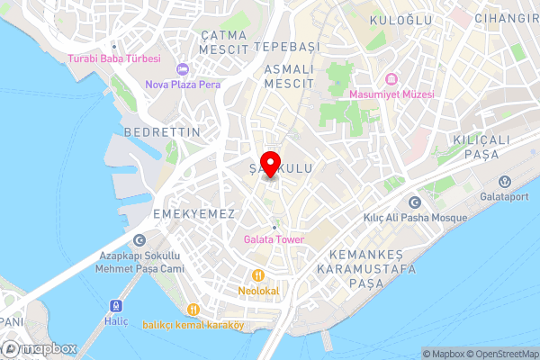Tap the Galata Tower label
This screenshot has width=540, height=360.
274,238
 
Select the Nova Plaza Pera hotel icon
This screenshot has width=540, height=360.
183,69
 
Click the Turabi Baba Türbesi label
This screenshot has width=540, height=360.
113,58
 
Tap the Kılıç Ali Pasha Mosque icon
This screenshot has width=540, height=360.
415,202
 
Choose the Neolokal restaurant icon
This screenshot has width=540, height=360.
258,274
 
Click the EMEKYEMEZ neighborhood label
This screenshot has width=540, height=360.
194,213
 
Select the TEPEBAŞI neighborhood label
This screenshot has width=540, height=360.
286,46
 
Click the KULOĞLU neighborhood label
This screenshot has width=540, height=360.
400,19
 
